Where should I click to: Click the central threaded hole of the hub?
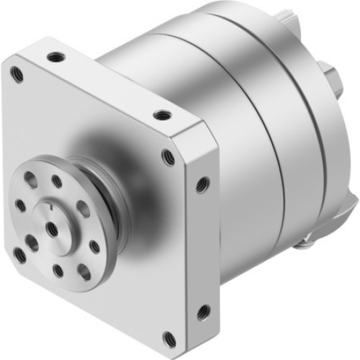pos(52,228)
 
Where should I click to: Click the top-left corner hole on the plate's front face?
pos(17,72)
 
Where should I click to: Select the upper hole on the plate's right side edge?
pos(202,184)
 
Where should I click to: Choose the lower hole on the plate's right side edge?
pos(203,311)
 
